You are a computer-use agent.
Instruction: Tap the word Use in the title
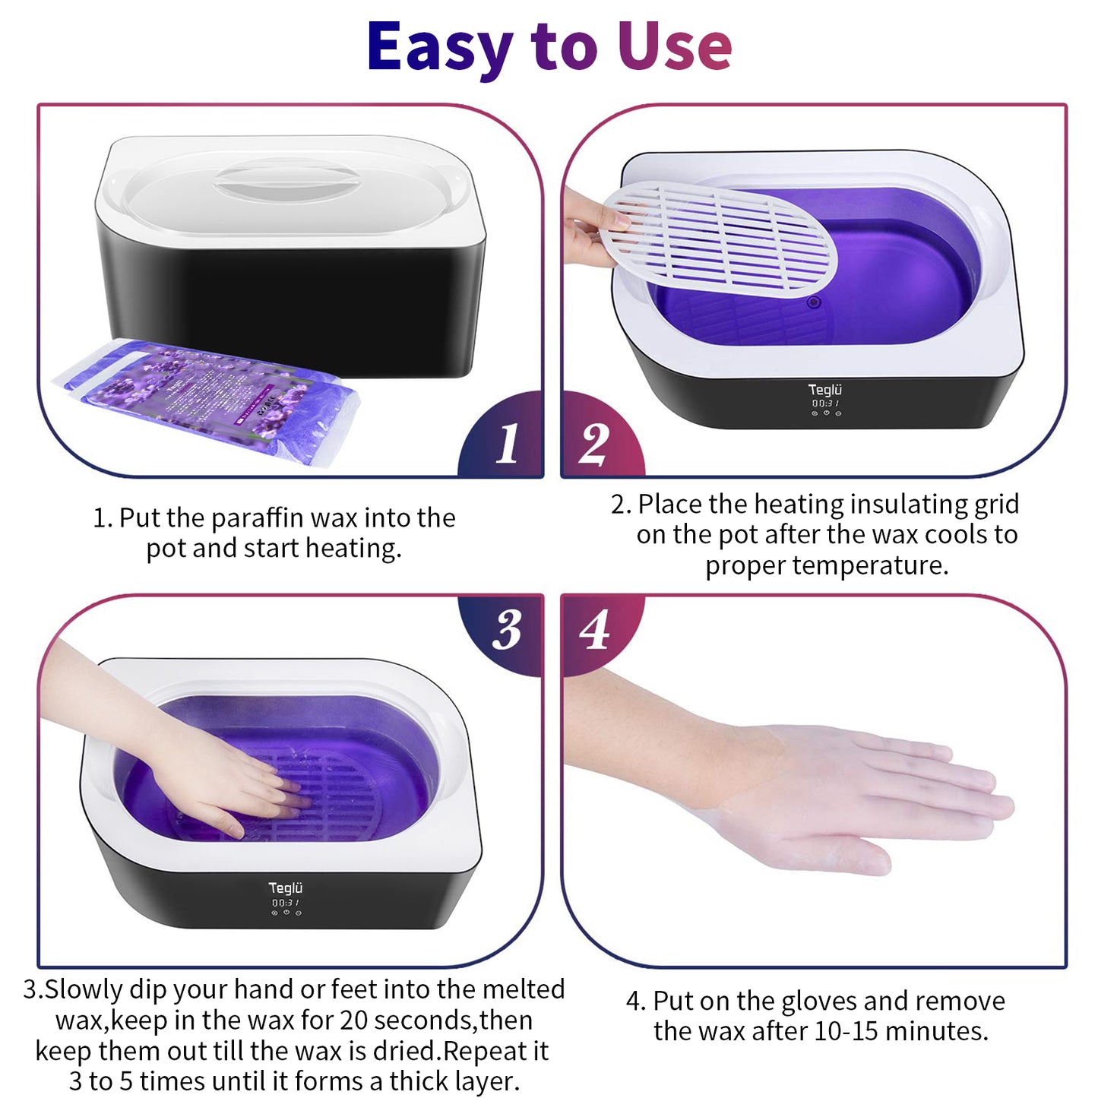pos(674,47)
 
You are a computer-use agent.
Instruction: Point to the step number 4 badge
pos(594,630)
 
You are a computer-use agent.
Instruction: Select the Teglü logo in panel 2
pos(825,390)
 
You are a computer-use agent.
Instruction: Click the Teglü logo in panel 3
pos(286,888)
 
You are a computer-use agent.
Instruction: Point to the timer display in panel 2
pos(826,403)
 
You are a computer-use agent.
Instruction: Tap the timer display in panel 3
pos(286,902)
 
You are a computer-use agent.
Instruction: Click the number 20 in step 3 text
pos(354,1020)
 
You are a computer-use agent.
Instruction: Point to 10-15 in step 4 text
pos(846,1032)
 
